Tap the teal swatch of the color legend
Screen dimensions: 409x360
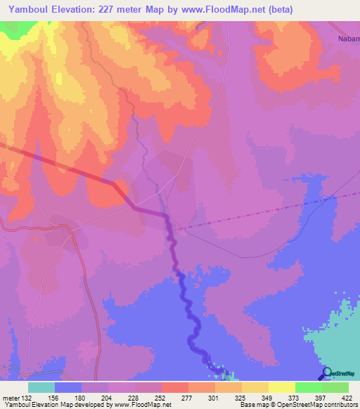click(41, 387)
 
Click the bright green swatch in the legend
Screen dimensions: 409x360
click(308, 387)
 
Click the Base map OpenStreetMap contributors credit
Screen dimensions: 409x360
click(297, 405)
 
